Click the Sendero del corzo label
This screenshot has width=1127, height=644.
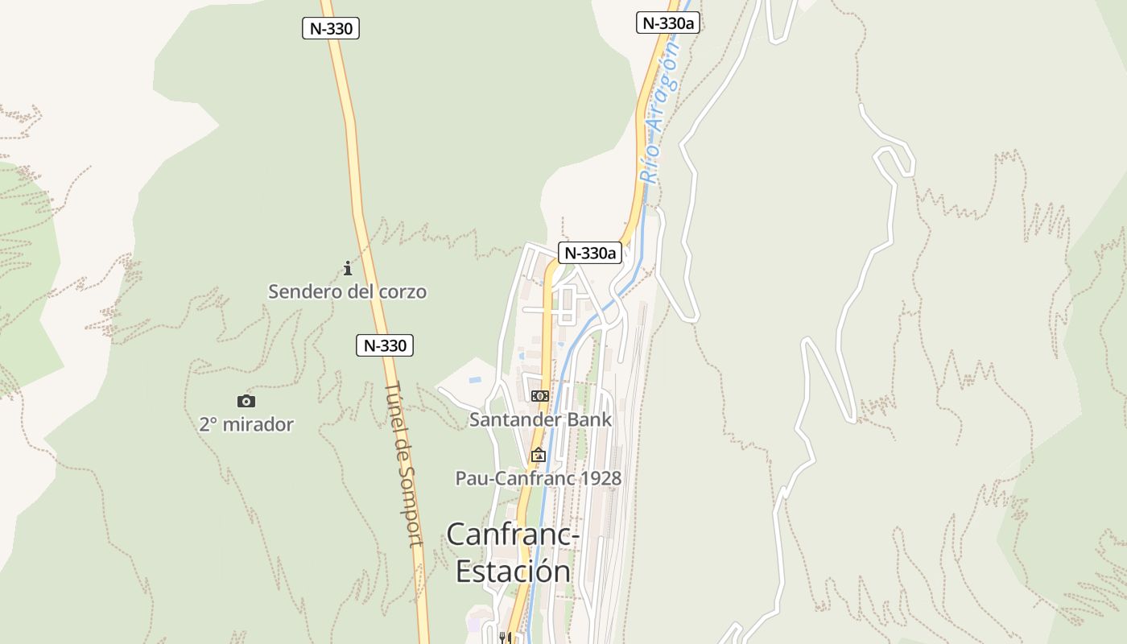coord(347,291)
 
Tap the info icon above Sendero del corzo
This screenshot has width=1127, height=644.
coord(348,268)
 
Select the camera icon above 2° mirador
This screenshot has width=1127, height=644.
coord(246,401)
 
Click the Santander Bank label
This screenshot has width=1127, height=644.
coord(540,419)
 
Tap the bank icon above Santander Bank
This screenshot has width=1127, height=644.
coord(540,395)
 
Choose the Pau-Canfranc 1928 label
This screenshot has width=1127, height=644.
coord(539,478)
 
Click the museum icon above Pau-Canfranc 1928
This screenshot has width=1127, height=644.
coord(538,456)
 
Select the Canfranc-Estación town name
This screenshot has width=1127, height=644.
coord(512,552)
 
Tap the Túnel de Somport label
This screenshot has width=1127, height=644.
coord(403,464)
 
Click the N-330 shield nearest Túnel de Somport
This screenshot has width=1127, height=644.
coord(385,345)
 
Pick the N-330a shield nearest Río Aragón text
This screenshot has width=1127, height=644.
coord(667,23)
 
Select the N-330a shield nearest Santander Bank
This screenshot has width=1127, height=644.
coord(590,253)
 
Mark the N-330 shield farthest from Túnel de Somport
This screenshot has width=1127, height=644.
coord(330,28)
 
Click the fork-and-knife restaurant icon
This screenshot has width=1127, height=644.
coord(506,638)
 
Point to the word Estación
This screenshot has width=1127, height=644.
coord(514,571)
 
